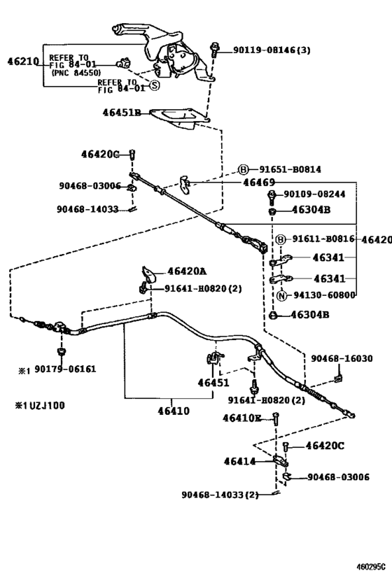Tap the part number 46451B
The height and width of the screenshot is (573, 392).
[122, 112]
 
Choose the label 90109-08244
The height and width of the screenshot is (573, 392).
[316, 194]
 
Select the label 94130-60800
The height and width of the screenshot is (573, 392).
[324, 296]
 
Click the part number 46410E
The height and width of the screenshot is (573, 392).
[242, 418]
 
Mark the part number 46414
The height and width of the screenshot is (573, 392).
[239, 461]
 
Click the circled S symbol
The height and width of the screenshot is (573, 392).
[154, 85]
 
